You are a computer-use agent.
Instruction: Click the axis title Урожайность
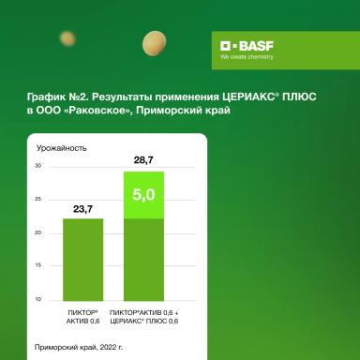pyautogui.click(x=62, y=148)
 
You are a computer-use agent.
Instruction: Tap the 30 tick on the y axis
pyautogui.click(x=38, y=166)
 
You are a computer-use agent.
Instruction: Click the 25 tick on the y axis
pyautogui.click(x=38, y=199)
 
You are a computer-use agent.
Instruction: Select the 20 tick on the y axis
pyautogui.click(x=38, y=232)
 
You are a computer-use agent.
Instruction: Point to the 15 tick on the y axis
pyautogui.click(x=38, y=266)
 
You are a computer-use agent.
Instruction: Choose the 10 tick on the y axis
pyautogui.click(x=38, y=299)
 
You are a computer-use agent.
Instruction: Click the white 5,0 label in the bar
pyautogui.click(x=143, y=196)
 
